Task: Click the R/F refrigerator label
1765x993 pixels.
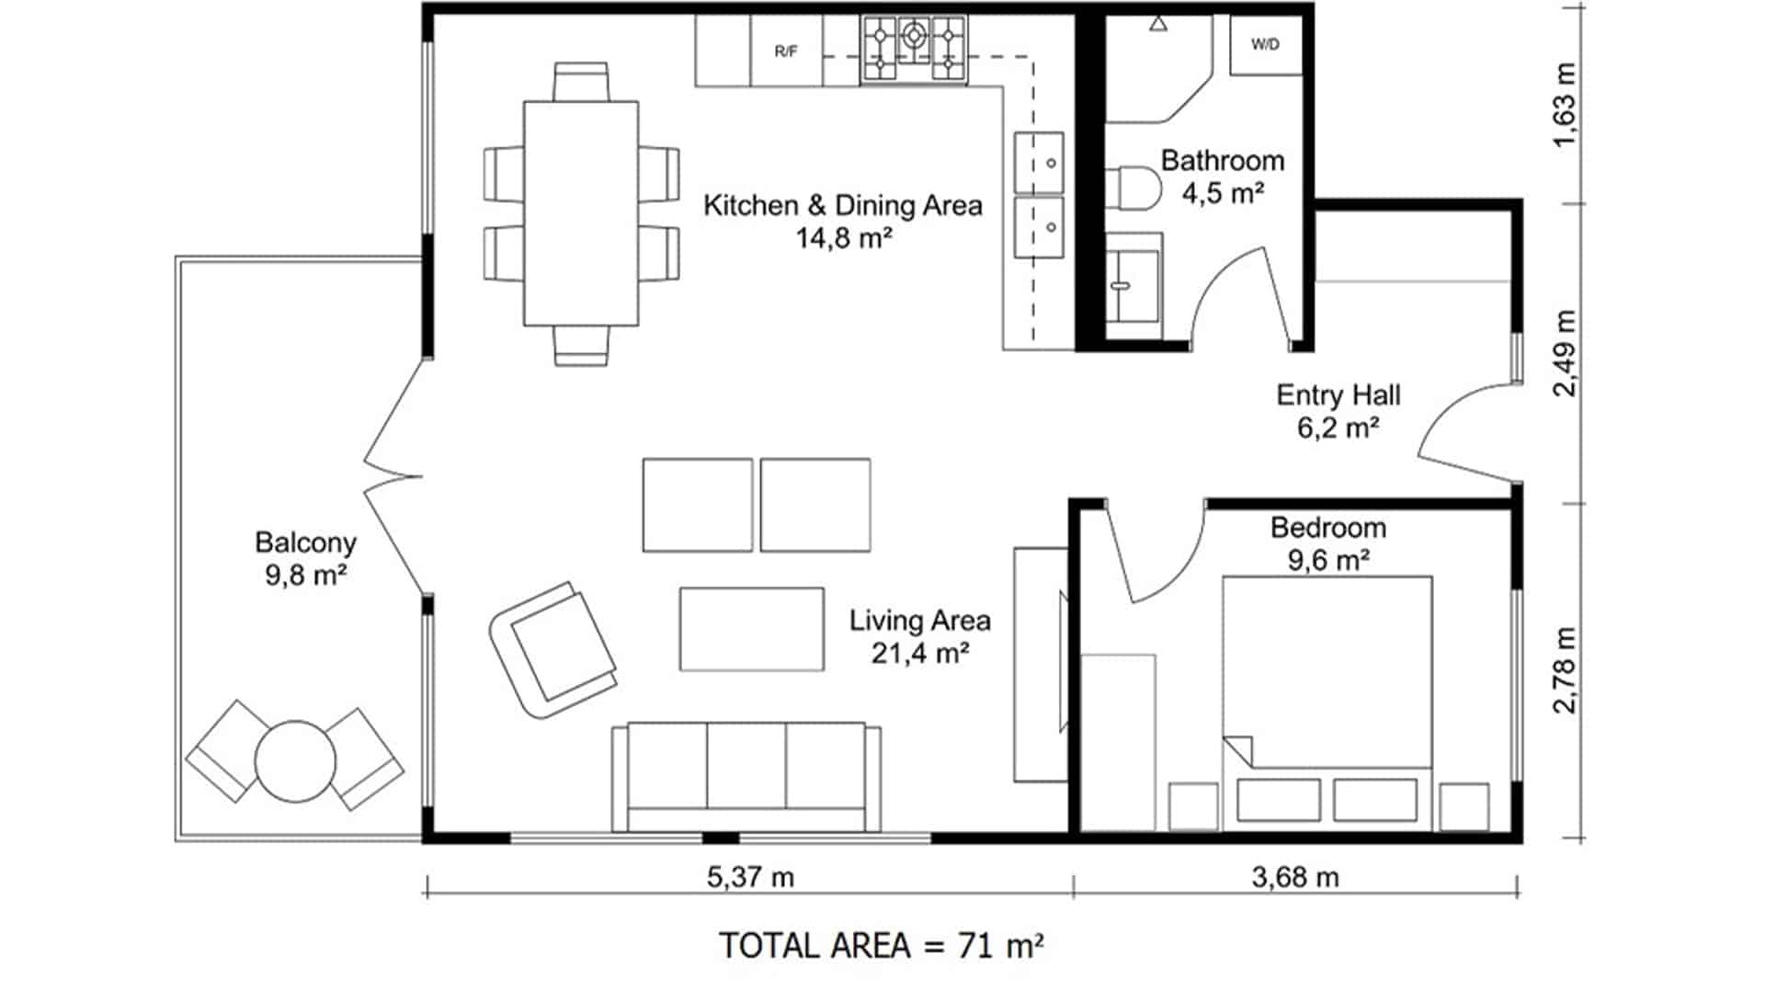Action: point(785,51)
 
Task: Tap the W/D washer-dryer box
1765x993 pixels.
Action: point(1266,45)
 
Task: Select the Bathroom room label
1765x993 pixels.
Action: point(1222,160)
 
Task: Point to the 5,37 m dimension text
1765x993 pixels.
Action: point(750,877)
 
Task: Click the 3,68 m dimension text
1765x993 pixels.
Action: point(1295,877)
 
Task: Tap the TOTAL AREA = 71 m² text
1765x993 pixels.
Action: point(881,945)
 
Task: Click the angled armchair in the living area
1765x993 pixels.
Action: point(553,648)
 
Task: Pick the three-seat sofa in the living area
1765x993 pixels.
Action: point(746,777)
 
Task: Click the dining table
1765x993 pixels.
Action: point(581,213)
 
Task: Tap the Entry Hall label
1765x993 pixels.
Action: point(1338,395)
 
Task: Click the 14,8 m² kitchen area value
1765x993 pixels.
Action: point(844,238)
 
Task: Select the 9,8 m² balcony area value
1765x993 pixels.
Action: point(305,576)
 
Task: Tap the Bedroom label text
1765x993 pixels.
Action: point(1328,528)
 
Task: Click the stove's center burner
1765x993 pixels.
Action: point(914,35)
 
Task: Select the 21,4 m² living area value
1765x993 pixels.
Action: point(920,653)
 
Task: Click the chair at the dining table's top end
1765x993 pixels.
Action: point(581,81)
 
